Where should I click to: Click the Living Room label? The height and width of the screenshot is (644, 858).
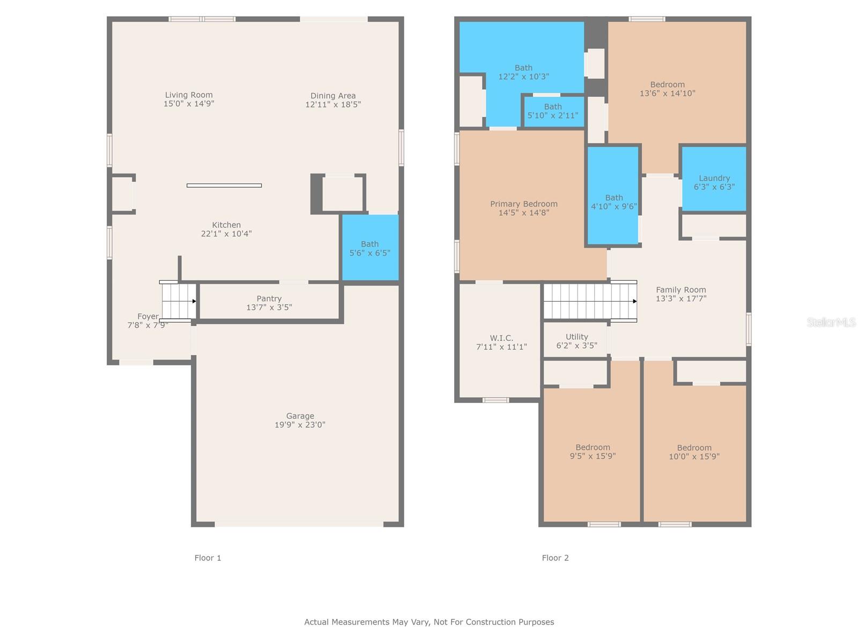tap(188, 95)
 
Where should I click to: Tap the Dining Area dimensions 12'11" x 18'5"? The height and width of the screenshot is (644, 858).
tap(332, 105)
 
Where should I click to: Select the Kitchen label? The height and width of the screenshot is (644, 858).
tap(226, 225)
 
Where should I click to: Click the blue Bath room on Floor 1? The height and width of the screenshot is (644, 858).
tap(370, 247)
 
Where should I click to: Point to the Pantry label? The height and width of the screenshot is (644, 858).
tap(269, 299)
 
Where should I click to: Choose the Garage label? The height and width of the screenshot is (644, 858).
tap(300, 416)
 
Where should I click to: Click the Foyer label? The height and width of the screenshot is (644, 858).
tap(148, 316)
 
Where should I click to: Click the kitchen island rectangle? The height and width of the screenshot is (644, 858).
tap(224, 186)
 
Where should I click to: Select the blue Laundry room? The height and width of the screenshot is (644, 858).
tap(714, 179)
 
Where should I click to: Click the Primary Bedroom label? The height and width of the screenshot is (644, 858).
tap(524, 204)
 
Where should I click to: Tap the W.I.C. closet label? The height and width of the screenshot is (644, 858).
tap(501, 338)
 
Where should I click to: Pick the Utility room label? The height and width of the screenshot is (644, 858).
tap(576, 336)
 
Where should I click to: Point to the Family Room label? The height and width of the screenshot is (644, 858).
tap(681, 290)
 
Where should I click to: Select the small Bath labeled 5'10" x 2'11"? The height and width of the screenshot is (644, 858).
tap(553, 112)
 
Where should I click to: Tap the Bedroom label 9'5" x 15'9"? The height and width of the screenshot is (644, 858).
tap(593, 452)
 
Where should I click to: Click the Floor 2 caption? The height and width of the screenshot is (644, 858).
tap(555, 558)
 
